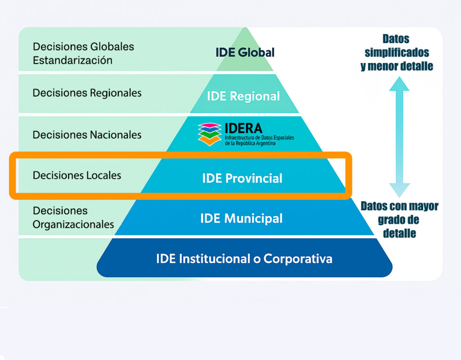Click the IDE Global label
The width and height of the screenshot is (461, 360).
245,52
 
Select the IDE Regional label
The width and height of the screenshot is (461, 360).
244,96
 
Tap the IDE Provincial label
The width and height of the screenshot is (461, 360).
242,178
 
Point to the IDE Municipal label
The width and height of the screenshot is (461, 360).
241,219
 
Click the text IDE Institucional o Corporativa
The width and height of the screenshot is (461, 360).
244,259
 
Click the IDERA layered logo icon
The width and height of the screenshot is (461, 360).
210,134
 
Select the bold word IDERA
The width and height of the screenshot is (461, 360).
244,128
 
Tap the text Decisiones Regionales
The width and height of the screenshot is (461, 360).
87,93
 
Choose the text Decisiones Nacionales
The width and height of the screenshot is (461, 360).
87,135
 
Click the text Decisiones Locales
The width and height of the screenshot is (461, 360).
77,175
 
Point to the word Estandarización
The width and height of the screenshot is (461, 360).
72,60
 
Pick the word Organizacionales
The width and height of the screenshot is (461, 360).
73,225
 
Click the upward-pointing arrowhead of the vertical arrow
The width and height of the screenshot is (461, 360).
399,84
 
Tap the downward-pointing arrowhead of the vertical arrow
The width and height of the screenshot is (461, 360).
399,190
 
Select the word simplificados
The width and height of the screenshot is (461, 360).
397,53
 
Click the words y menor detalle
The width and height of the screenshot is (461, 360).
397,66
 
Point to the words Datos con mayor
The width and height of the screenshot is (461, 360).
400,206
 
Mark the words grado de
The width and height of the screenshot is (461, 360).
398,220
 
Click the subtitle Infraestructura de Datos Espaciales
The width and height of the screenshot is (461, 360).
260,138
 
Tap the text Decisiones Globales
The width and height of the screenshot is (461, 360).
83,47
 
